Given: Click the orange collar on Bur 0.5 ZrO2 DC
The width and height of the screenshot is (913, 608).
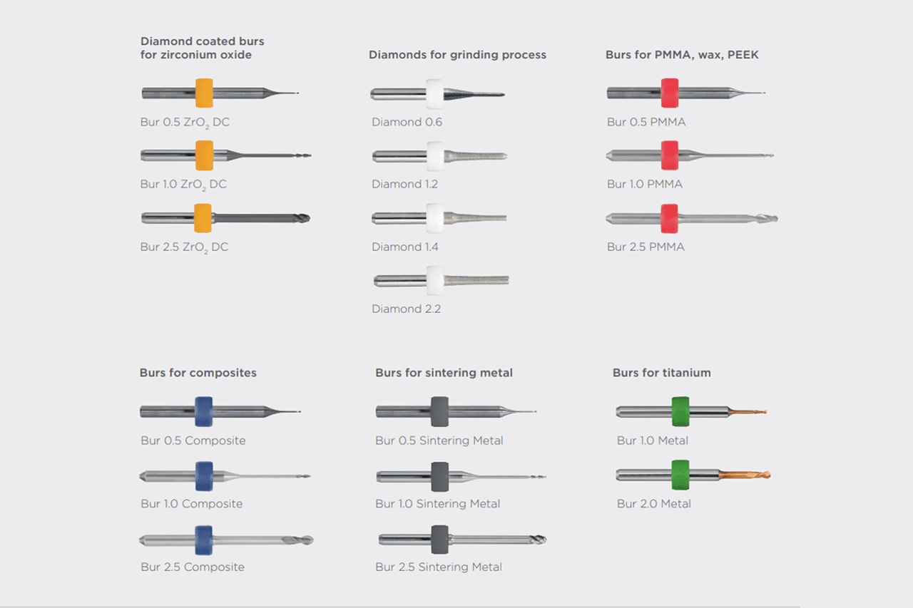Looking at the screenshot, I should [x=204, y=93].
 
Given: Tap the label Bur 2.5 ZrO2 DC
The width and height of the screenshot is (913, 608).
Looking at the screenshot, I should [x=185, y=247].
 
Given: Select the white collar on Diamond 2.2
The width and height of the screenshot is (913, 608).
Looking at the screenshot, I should [x=435, y=280].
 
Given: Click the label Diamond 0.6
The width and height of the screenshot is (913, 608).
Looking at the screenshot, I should [x=407, y=122].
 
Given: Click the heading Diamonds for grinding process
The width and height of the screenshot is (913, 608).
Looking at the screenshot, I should [x=457, y=55].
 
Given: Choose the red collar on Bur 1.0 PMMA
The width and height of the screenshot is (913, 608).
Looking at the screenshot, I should [x=669, y=155].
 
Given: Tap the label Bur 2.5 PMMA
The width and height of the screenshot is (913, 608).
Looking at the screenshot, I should [x=646, y=247].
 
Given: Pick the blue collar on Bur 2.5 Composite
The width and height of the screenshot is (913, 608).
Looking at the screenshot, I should [x=204, y=540].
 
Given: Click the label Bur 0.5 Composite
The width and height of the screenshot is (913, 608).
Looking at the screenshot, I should [x=193, y=440].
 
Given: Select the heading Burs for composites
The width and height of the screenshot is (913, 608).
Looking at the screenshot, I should [x=198, y=373].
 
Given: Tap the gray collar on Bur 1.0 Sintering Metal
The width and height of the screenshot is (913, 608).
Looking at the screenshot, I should [x=439, y=475].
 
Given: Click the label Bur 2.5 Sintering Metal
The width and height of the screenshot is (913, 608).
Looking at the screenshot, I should [x=439, y=567].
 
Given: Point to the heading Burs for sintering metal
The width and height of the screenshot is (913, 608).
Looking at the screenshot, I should [x=444, y=373].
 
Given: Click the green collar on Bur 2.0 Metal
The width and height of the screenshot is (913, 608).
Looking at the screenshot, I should [x=681, y=475].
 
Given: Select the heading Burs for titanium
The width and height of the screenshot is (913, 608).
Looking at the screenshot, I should [x=661, y=373].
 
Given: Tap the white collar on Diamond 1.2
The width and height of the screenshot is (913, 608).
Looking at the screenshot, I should [x=435, y=155].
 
